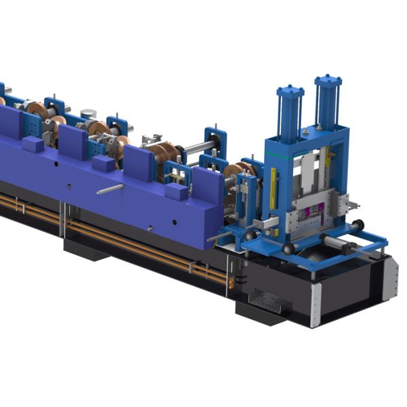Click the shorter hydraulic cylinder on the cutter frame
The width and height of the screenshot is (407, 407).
tap(290, 112)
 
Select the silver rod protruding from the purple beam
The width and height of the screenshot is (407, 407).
tap(109, 189)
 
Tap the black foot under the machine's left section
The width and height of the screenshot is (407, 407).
tap(85, 249)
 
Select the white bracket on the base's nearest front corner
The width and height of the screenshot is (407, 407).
tap(316, 305)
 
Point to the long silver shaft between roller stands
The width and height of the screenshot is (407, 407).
tap(197, 146)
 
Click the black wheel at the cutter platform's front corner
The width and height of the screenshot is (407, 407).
tap(289, 249)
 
